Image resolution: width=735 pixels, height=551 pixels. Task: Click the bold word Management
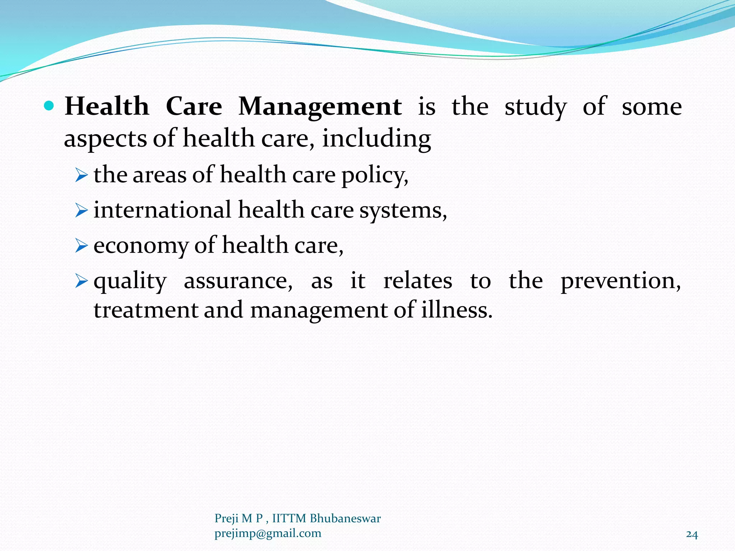(320, 107)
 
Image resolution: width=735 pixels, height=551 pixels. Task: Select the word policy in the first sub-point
(374, 176)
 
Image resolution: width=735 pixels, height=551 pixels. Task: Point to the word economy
(141, 246)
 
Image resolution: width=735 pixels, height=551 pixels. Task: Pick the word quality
(130, 281)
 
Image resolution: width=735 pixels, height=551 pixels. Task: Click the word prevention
(620, 281)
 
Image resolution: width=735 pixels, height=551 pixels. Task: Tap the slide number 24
(692, 535)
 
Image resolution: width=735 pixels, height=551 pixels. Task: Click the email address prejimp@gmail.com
(268, 533)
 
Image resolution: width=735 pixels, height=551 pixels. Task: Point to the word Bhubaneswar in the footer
(345, 518)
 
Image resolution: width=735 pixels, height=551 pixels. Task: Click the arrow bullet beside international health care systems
(81, 211)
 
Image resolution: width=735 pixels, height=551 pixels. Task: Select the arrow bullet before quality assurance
(81, 282)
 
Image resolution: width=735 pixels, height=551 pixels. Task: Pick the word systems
(403, 210)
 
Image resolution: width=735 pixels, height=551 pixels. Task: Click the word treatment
(146, 310)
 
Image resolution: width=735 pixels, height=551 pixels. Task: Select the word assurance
(238, 281)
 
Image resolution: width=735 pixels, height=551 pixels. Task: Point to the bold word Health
(107, 107)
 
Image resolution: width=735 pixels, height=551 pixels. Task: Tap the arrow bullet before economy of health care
(81, 246)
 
